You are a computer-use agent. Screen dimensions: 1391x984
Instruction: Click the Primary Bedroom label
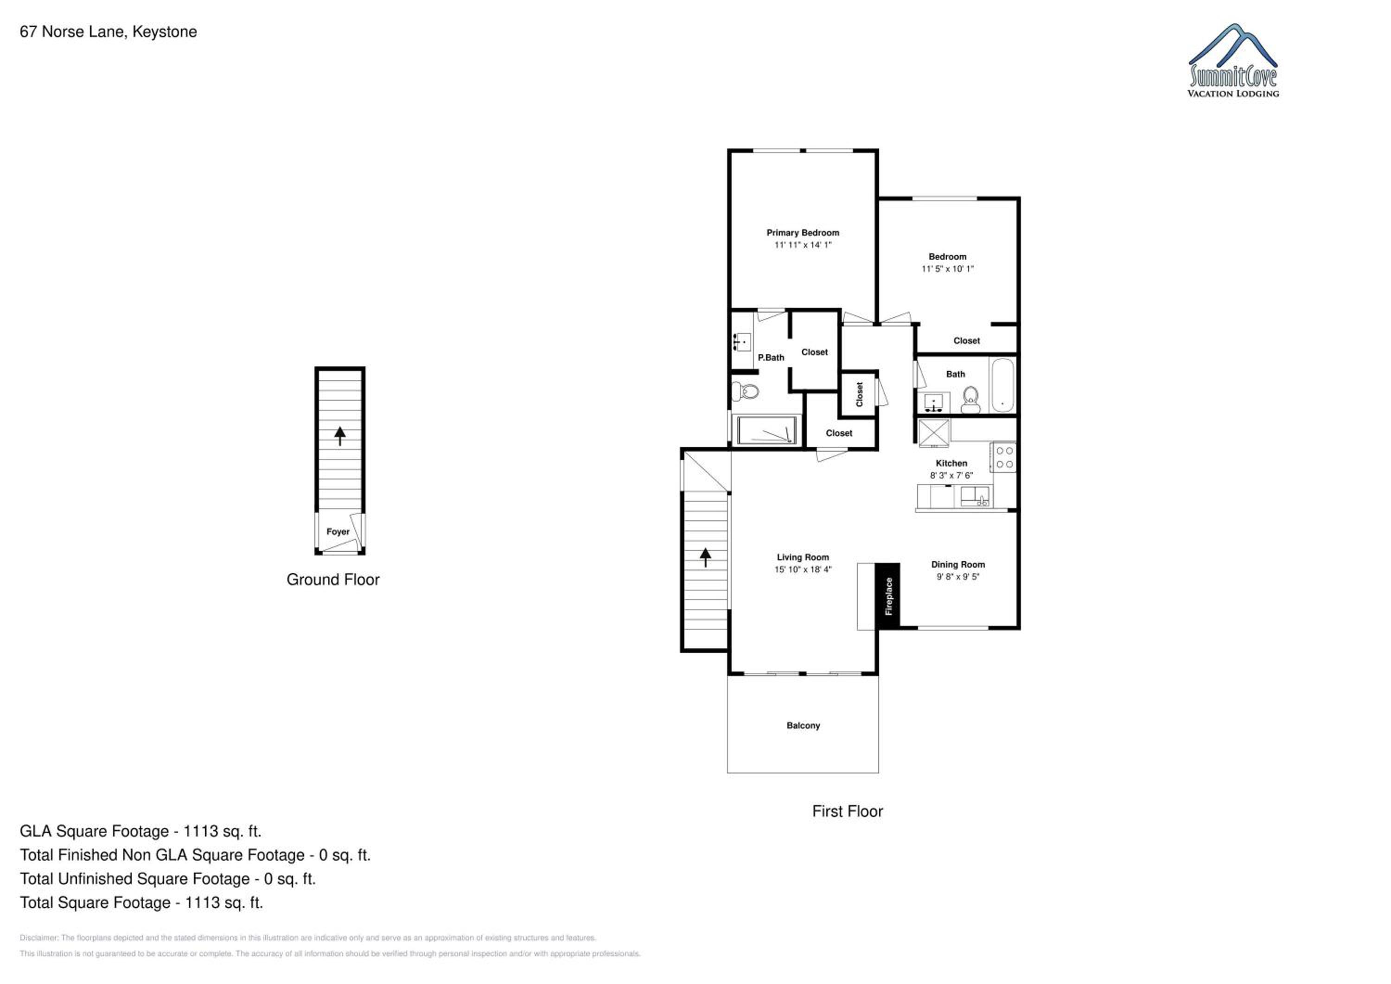[803, 233]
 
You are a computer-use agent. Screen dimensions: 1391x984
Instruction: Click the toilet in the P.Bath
[746, 391]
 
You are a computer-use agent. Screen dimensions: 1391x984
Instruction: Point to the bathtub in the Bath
[1002, 385]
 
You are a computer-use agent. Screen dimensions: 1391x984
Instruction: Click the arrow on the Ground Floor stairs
[340, 435]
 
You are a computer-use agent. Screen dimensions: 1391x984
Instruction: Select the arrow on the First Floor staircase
[705, 557]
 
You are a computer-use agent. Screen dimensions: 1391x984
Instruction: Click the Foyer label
[338, 531]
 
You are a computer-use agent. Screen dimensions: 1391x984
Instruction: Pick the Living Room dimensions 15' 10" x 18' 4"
[803, 569]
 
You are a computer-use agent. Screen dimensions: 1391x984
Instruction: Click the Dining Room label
[958, 564]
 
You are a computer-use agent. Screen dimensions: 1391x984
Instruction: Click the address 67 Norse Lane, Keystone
[108, 32]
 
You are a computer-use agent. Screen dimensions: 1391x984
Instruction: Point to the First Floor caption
[848, 811]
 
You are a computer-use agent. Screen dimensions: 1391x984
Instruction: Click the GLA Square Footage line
[140, 831]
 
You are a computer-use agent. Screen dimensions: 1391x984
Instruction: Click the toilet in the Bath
[970, 400]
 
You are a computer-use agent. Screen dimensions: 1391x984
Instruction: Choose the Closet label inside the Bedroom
[966, 340]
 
